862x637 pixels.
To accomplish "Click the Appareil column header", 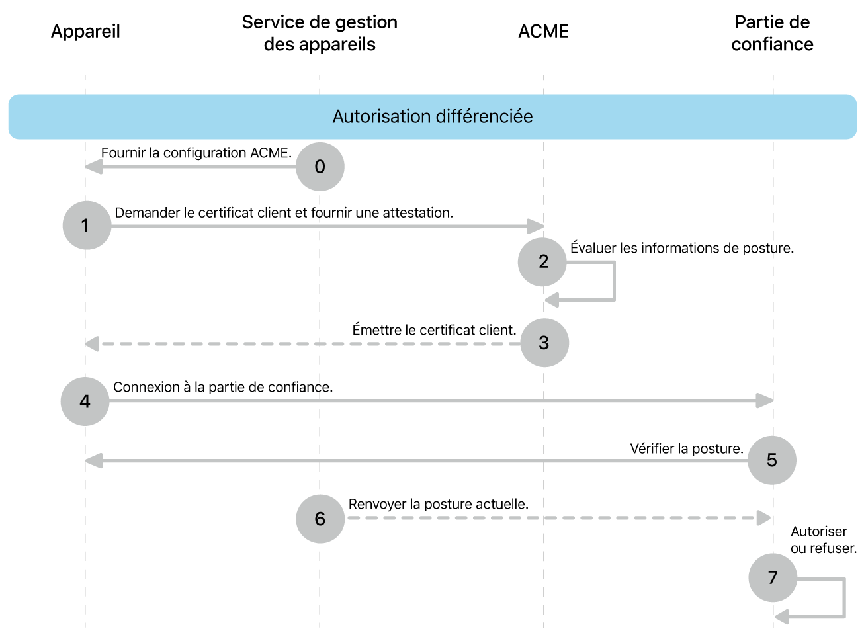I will click(x=85, y=32).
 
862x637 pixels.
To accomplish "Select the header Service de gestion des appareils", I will click(x=320, y=33).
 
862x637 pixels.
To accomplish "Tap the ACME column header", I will click(x=543, y=32).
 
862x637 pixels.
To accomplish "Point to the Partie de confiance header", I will click(x=772, y=33).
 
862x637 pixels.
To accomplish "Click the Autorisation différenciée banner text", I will click(x=433, y=116).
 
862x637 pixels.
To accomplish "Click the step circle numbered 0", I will click(x=320, y=167).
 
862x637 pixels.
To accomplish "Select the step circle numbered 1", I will click(x=87, y=226).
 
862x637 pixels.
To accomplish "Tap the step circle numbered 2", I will click(x=542, y=262).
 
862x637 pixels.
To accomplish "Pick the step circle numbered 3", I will click(x=544, y=343).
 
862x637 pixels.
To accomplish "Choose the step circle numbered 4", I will click(x=85, y=402).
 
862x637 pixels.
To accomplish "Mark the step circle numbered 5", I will click(x=772, y=460).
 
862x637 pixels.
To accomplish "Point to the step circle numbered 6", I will click(x=320, y=519).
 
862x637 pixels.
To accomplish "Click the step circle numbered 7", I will click(x=773, y=577).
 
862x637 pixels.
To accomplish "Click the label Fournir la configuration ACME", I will click(x=196, y=153).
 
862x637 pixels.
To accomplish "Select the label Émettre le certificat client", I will click(x=434, y=330).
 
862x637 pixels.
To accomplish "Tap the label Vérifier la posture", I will click(x=687, y=448).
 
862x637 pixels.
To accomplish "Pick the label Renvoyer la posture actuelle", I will click(x=439, y=504).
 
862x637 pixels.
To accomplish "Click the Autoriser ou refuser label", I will click(x=823, y=540).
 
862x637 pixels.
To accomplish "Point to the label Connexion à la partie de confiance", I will click(x=223, y=387).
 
